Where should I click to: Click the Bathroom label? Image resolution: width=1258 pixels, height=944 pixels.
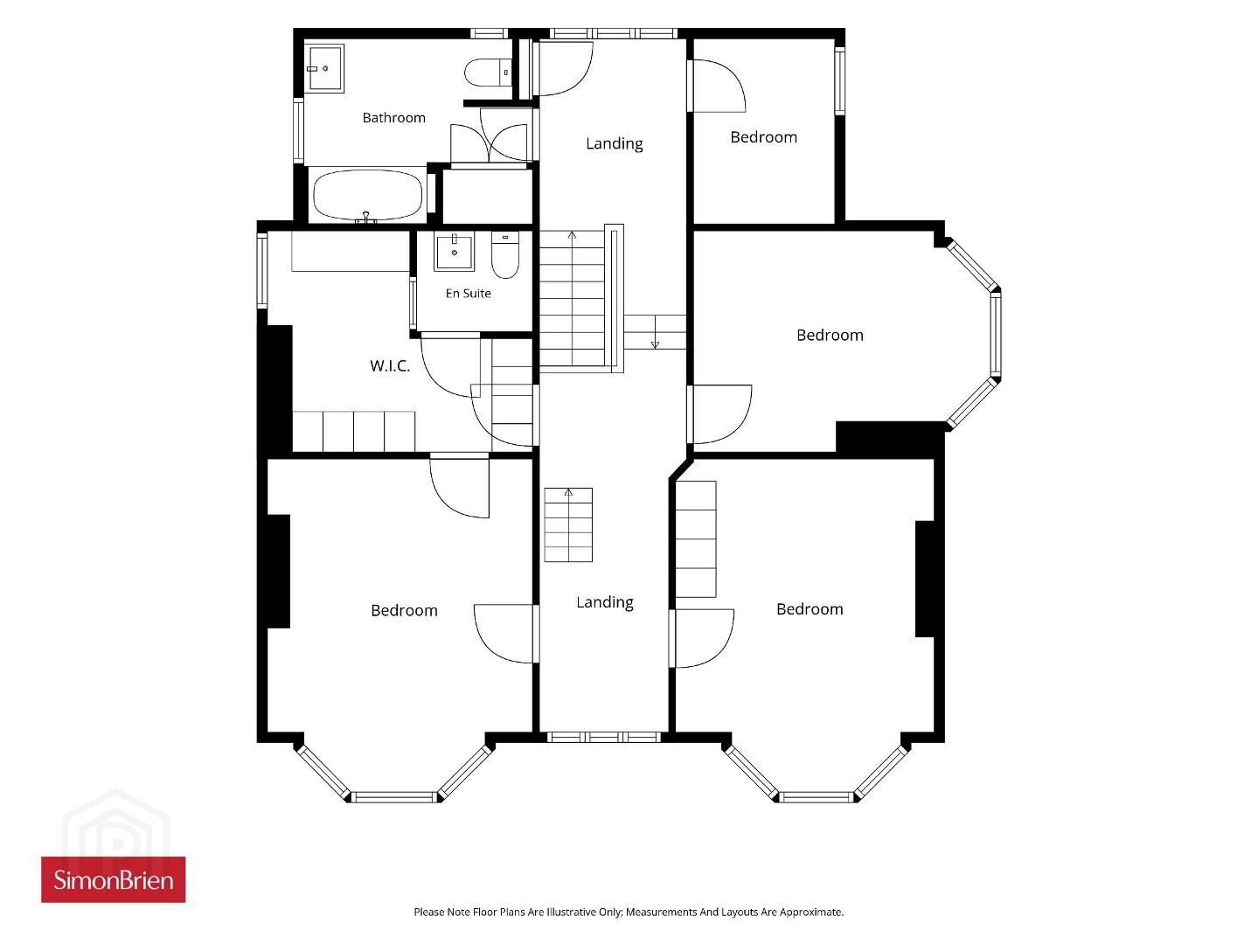[393, 118]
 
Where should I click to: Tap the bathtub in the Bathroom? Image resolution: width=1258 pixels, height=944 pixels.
[368, 195]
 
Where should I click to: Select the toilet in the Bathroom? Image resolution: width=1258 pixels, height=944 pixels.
[487, 73]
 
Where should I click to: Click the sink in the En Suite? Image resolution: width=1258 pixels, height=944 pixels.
[454, 251]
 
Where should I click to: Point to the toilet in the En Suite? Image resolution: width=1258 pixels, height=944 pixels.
[505, 254]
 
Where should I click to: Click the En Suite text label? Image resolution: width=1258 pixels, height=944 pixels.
[469, 294]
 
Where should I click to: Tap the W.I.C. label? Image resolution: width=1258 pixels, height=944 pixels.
[390, 366]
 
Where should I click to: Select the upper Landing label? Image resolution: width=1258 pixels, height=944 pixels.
[614, 143]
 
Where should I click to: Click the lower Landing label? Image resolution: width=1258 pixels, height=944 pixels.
[605, 602]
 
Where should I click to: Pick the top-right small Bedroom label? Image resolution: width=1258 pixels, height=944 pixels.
[763, 137]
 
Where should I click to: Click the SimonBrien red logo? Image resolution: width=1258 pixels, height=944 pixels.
[114, 879]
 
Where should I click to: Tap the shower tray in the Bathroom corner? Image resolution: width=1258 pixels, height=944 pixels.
[325, 68]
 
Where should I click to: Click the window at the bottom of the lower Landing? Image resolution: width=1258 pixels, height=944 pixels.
[604, 737]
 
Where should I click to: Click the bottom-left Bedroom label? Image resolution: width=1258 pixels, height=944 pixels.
[404, 611]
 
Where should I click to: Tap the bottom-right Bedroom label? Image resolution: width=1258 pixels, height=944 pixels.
[810, 609]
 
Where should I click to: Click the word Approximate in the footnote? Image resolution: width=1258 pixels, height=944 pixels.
[810, 912]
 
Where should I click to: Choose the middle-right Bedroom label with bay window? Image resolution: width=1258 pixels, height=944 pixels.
[830, 335]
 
